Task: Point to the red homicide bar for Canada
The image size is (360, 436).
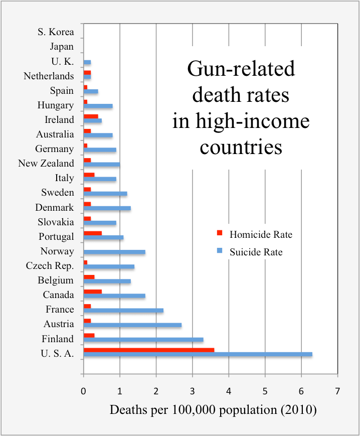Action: [93, 292]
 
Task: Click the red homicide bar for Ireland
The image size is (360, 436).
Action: [91, 116]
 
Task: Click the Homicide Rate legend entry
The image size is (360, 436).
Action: [260, 234]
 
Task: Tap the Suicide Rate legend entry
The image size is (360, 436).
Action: [256, 252]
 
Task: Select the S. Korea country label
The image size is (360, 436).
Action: [56, 32]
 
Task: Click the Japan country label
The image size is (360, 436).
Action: [62, 47]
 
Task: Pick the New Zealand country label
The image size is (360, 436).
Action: [46, 164]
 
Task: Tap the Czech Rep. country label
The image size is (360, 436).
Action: [50, 266]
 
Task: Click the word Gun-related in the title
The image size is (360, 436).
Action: [241, 69]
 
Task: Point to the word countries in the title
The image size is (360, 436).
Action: [241, 147]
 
